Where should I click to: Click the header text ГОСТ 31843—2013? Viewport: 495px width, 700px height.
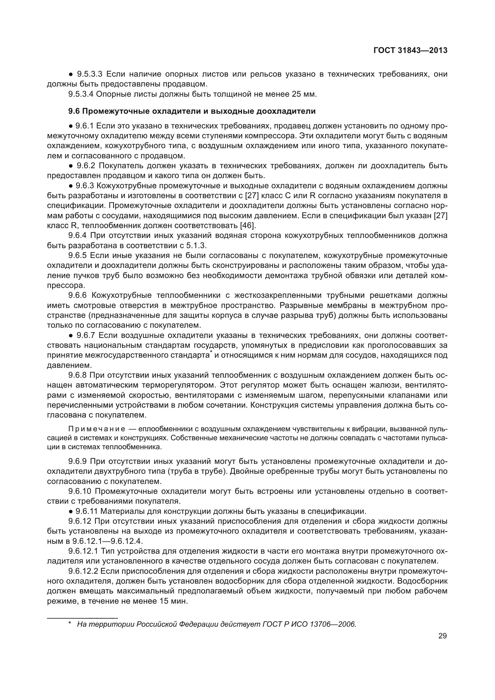click(x=410, y=50)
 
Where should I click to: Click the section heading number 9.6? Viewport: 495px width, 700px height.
click(x=74, y=111)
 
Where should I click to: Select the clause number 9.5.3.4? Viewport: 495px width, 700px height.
click(x=81, y=94)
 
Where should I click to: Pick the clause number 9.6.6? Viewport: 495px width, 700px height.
click(x=78, y=295)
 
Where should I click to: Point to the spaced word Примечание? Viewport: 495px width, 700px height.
click(x=97, y=429)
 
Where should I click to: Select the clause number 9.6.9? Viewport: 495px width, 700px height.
click(x=78, y=461)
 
